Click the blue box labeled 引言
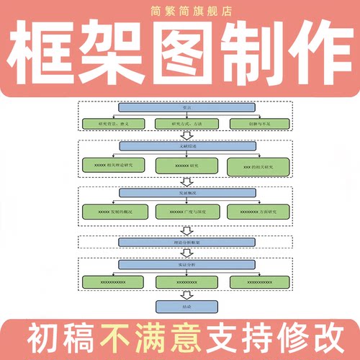[x=186, y=108]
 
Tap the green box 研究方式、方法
[x=186, y=123]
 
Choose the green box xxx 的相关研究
[x=260, y=166]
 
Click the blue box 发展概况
[x=186, y=193]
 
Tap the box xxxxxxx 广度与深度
[x=186, y=212]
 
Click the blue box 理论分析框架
[x=186, y=242]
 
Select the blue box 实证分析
[x=186, y=264]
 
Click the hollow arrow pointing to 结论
[x=186, y=294]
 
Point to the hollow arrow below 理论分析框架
[x=186, y=253]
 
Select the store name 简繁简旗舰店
[x=181, y=12]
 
